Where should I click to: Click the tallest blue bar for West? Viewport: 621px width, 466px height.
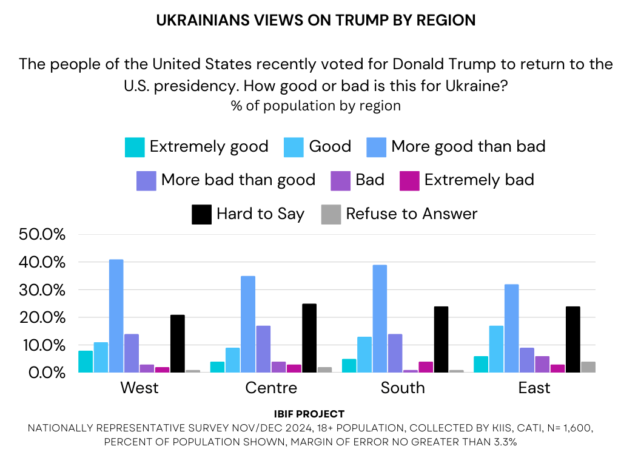[x=116, y=316]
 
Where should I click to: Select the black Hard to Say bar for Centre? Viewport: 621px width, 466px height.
[x=309, y=338]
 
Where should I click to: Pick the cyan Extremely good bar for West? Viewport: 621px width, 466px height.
[x=86, y=362]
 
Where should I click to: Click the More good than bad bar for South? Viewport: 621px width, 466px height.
[x=380, y=319]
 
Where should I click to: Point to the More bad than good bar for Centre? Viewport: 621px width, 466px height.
[x=263, y=349]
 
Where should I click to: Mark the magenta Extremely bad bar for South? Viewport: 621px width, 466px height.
[x=426, y=367]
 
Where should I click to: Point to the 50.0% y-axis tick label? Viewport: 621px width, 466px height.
[x=42, y=235]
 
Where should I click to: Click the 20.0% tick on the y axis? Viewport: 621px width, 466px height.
[x=42, y=317]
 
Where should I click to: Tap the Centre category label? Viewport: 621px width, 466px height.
[x=271, y=388]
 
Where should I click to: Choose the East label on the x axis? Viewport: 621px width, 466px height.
[x=534, y=388]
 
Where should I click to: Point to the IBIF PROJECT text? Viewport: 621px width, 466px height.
[x=310, y=414]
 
